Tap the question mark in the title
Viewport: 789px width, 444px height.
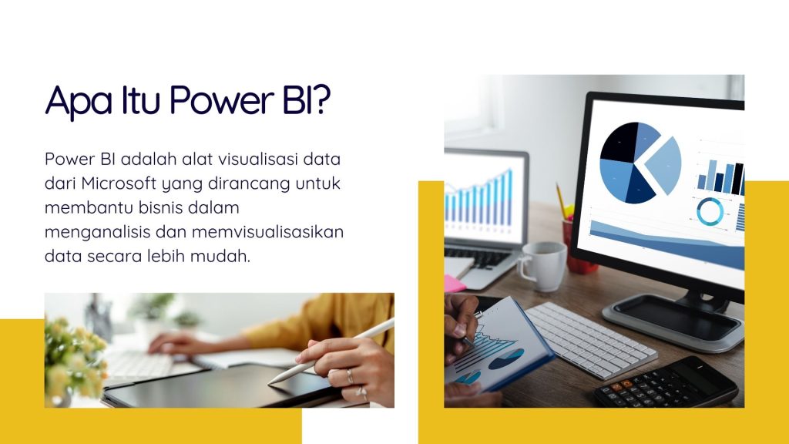click(321, 99)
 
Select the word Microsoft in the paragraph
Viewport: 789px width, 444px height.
click(119, 183)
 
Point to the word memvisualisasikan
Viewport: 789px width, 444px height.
click(267, 232)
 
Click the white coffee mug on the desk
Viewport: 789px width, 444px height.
click(542, 266)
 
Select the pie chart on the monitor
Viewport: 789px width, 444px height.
click(639, 162)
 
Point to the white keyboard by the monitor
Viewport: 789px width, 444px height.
click(591, 340)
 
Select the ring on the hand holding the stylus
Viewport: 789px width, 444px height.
click(350, 375)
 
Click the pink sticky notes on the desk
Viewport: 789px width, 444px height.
click(454, 284)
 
